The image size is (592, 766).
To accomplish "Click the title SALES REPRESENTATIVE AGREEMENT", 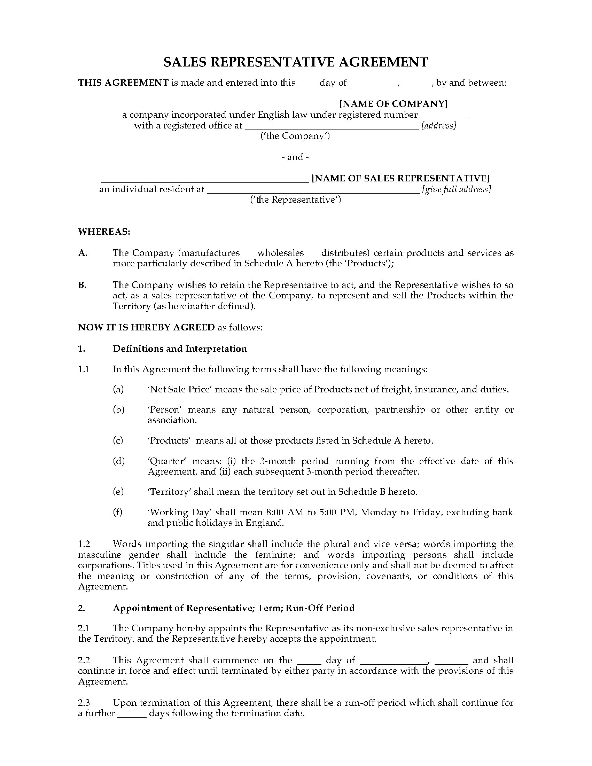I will [x=296, y=62].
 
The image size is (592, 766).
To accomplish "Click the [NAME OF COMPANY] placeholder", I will [x=394, y=104].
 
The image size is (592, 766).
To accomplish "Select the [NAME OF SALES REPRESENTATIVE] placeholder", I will [x=400, y=178].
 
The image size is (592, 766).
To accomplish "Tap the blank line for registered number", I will [x=444, y=116].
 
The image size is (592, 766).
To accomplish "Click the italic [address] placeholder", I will [x=438, y=126].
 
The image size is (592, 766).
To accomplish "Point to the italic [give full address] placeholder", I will [x=456, y=189].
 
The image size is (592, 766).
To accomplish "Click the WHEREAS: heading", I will [x=104, y=232].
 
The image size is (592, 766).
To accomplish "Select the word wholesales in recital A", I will [x=281, y=253].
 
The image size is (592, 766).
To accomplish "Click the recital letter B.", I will [x=82, y=285].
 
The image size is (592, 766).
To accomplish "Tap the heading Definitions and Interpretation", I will [x=180, y=349].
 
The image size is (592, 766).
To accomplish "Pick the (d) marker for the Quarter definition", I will [x=118, y=461].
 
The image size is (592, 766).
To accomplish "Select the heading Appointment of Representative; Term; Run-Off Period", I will [x=234, y=608].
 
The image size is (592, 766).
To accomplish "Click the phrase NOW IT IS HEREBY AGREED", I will [x=146, y=327].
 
